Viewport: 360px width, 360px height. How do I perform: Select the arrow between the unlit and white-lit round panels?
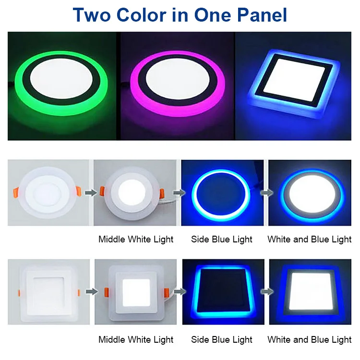pos(89,193)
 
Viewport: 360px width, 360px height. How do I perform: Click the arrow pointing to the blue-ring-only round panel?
pos(177,193)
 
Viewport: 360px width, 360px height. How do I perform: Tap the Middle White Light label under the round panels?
pos(136,239)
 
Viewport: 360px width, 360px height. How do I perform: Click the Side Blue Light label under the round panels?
pos(221,239)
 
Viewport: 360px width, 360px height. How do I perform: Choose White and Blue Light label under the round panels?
pos(310,239)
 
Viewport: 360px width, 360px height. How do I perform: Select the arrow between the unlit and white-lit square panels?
pos(90,291)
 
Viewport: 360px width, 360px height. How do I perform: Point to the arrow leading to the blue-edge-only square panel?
pos(178,291)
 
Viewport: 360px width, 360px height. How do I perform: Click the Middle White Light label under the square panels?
pos(136,339)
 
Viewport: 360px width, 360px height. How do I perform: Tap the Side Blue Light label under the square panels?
pos(221,339)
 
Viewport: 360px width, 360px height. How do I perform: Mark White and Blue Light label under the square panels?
pos(310,339)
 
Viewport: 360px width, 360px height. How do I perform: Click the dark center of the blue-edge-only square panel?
pos(222,291)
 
